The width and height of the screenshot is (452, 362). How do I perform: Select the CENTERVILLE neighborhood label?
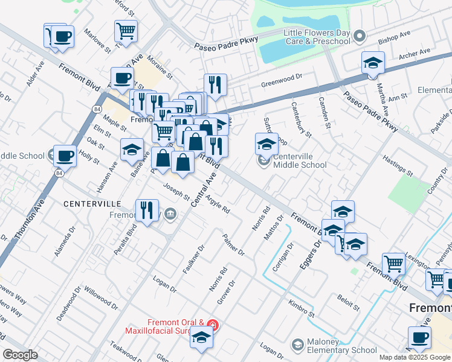click(92, 205)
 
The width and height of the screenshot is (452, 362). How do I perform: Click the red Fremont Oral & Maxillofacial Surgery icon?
click(212, 325)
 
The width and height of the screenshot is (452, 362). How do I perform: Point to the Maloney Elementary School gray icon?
click(297, 345)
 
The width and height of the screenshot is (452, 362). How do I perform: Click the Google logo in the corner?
click(20, 355)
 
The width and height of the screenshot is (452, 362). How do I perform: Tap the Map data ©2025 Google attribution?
click(415, 357)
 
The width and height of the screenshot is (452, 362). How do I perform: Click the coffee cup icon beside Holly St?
click(65, 156)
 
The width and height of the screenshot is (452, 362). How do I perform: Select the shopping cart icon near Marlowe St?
click(126, 30)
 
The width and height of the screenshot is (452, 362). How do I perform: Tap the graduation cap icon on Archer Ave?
click(373, 62)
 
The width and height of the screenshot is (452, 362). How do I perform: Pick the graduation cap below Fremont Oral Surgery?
click(201, 338)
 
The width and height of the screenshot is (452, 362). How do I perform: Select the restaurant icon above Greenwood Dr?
click(215, 84)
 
